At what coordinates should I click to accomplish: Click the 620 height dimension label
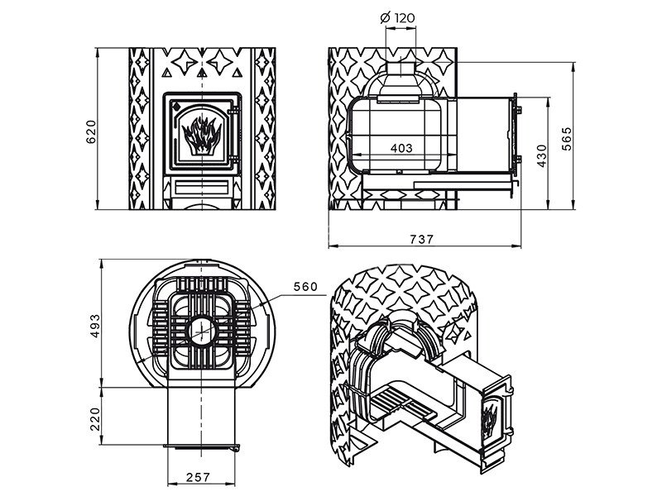[x=92, y=132]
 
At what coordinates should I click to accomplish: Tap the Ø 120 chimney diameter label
[x=397, y=18]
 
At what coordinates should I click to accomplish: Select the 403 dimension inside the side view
[x=401, y=148]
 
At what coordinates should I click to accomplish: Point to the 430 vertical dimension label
[x=542, y=155]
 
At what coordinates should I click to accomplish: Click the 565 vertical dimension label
[x=567, y=138]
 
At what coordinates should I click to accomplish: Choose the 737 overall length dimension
[x=421, y=240]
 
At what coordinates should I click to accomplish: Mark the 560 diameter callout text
[x=305, y=287]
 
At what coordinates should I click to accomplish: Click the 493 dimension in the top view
[x=95, y=325]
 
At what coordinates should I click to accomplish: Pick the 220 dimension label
[x=95, y=419]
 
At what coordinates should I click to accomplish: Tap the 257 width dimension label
[x=198, y=477]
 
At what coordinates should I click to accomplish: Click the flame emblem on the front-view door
[x=202, y=135]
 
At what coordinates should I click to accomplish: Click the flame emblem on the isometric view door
[x=489, y=420]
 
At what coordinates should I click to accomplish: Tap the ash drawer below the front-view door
[x=202, y=187]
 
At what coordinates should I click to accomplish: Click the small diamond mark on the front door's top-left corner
[x=176, y=105]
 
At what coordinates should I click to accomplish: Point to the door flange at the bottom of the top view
[x=202, y=446]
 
